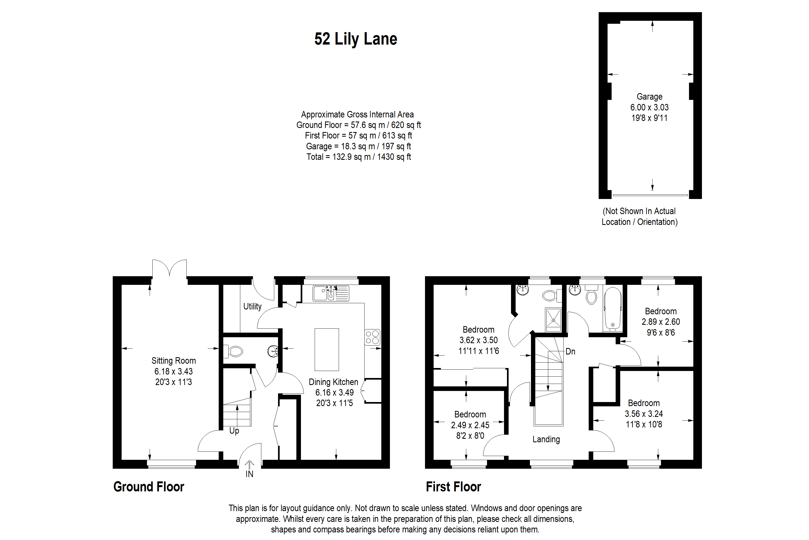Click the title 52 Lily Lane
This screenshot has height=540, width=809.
[x=356, y=39]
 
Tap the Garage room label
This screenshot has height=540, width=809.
[x=649, y=97]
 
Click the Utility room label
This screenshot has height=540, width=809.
[x=252, y=306]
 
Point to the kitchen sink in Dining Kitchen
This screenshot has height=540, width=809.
[x=330, y=293]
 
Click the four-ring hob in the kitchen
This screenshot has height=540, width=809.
[x=372, y=337]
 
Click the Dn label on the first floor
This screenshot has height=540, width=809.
[x=570, y=352]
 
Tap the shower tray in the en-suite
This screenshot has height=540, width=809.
[x=553, y=320]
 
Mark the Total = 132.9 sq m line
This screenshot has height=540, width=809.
[x=358, y=157]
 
